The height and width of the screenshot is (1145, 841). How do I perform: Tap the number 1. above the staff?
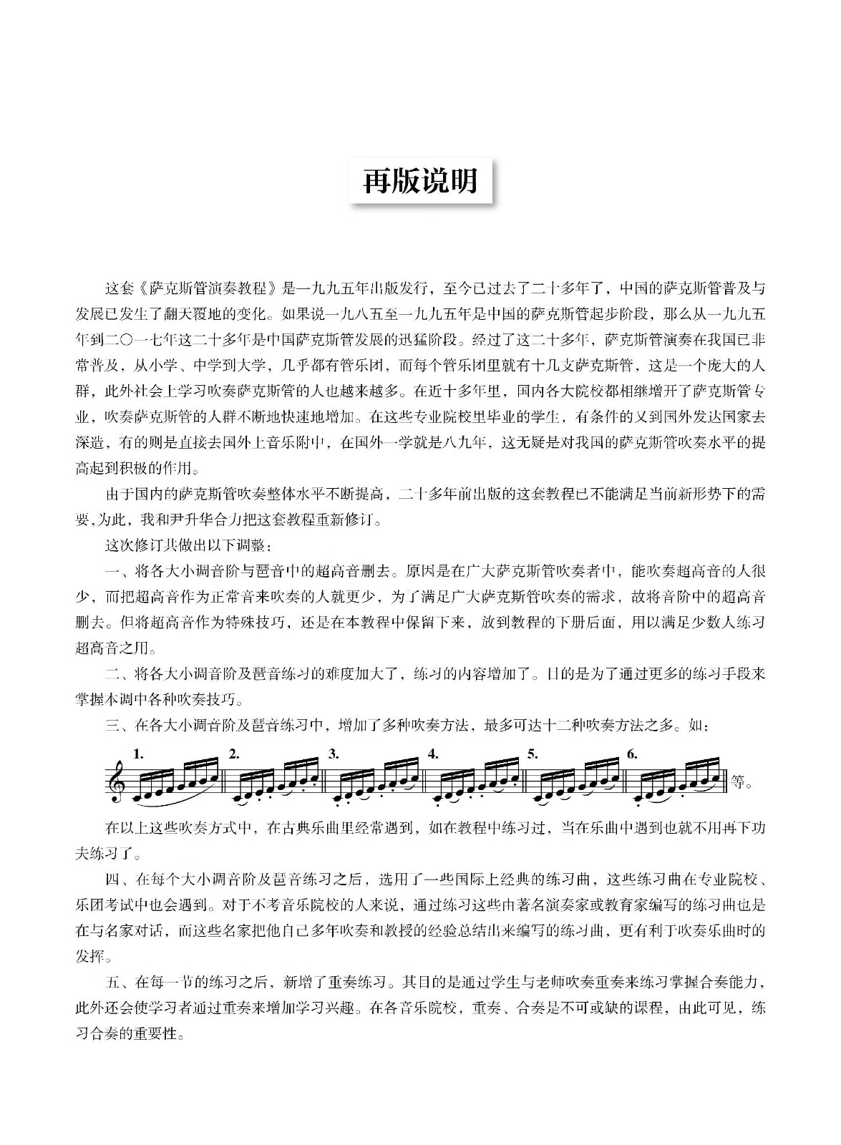[139, 754]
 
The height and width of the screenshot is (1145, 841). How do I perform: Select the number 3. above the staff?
[334, 754]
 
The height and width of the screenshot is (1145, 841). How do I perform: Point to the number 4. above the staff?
[432, 754]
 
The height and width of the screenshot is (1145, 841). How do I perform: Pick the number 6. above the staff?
[631, 754]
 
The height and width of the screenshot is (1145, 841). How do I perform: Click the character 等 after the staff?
[737, 781]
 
